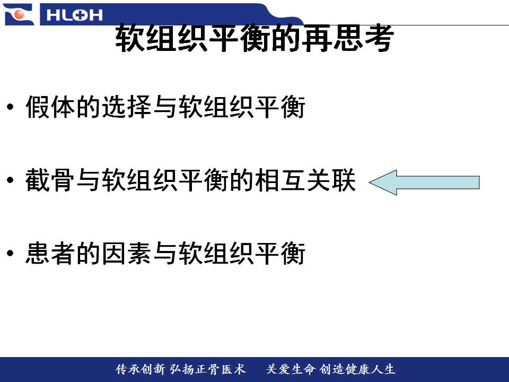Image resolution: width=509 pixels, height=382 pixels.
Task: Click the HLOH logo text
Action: (74, 15)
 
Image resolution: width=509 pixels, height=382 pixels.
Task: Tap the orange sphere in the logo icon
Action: (19, 14)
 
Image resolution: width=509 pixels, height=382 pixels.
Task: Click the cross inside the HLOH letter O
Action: (74, 15)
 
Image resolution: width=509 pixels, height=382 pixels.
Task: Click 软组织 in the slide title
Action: (161, 38)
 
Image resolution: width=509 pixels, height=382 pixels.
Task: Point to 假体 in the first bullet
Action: (51, 107)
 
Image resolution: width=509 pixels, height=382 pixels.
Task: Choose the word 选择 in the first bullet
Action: (127, 107)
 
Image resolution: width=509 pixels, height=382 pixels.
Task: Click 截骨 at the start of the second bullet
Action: (51, 180)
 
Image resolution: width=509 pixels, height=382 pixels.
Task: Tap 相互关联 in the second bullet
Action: (305, 180)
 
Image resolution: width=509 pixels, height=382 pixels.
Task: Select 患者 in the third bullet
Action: (51, 253)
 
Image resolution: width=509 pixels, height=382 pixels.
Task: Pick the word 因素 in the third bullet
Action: (127, 253)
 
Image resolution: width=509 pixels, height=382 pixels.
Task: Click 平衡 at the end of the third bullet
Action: (280, 253)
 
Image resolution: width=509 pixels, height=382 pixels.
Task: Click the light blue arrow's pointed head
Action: (370, 182)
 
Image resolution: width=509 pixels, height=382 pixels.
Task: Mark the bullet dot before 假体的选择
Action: (11, 107)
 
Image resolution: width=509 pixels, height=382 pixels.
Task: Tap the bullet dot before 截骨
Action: (11, 180)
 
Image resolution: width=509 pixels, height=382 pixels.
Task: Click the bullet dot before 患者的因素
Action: (11, 253)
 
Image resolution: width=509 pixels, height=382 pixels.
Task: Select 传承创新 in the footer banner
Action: (140, 369)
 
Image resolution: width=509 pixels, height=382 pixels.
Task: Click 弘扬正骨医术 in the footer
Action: (207, 369)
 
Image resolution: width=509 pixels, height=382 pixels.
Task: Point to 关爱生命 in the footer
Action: (291, 369)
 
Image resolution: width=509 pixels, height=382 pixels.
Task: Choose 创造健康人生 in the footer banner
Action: (357, 369)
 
